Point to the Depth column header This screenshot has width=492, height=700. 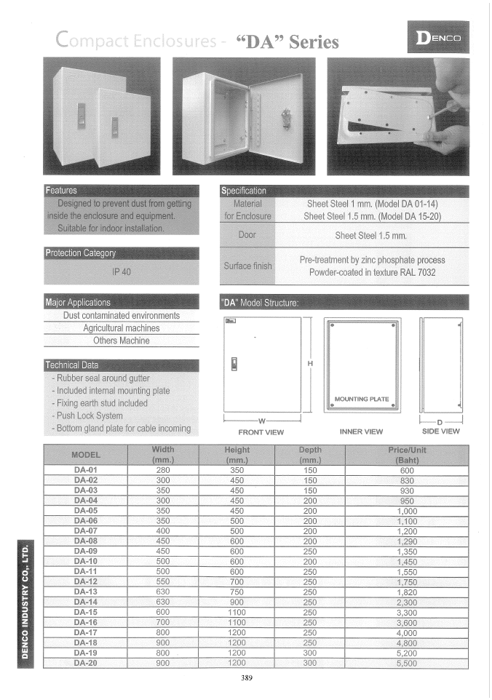tap(310, 455)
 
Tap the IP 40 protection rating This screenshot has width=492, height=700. tap(121, 271)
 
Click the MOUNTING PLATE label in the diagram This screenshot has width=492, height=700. tap(362, 399)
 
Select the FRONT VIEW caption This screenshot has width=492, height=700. tap(261, 431)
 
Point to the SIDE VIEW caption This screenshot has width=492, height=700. tap(441, 431)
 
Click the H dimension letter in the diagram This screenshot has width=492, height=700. tap(311, 364)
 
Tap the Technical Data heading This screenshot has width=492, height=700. tap(73, 365)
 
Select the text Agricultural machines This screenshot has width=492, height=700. tap(121, 328)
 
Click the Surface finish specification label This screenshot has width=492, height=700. tap(247, 266)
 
